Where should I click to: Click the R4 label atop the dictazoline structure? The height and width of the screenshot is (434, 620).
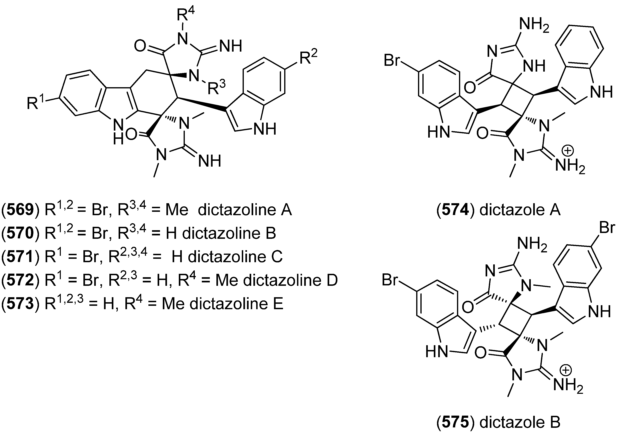[186, 15]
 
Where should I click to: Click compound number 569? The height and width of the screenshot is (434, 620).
[21, 210]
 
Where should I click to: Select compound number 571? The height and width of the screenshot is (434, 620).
[21, 257]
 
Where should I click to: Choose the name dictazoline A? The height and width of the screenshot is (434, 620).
[245, 210]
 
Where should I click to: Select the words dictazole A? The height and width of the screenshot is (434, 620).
[520, 210]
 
